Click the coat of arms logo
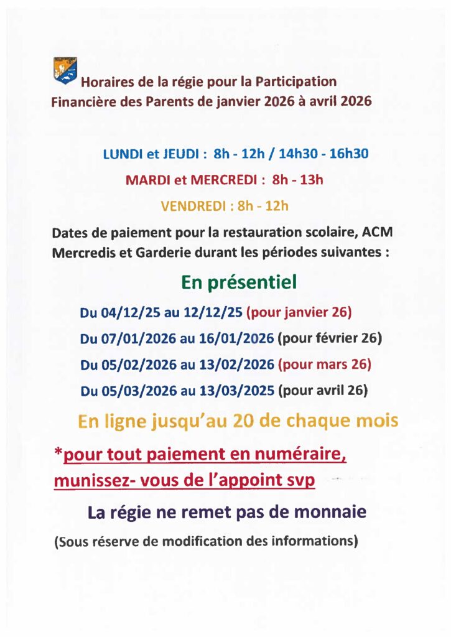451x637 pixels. click(65, 70)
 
